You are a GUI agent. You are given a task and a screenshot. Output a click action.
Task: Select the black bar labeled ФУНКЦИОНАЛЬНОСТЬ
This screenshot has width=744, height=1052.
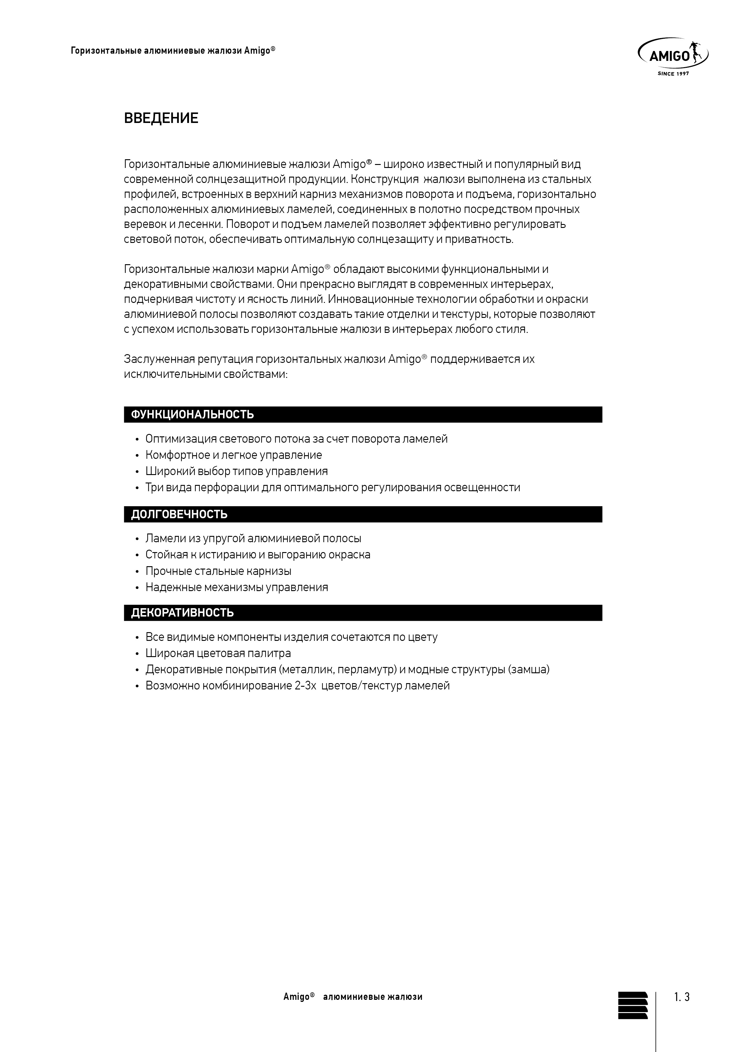[x=363, y=415]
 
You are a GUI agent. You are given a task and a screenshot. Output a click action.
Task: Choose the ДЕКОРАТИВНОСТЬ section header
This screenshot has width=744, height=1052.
[x=363, y=613]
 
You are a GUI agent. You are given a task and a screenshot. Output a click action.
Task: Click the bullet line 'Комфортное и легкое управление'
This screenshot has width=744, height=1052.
[x=233, y=455]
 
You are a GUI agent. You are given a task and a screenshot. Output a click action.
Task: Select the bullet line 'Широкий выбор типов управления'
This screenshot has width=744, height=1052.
[x=236, y=471]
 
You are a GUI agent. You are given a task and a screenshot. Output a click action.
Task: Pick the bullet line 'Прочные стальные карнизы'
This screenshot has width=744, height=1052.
[x=218, y=571]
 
